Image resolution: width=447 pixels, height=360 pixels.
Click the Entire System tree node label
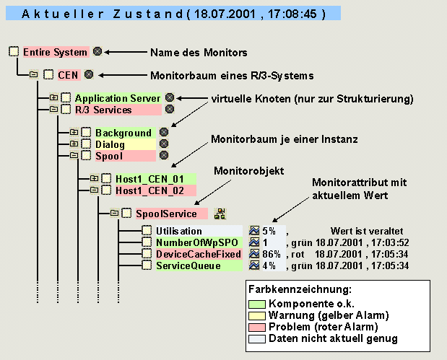55,52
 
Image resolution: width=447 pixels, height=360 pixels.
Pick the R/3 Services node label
103,110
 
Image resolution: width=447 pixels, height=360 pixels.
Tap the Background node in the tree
123,133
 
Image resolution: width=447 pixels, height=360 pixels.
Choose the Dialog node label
110,144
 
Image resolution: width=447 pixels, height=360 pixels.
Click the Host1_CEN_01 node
145,178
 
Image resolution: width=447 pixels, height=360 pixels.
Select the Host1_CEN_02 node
145,190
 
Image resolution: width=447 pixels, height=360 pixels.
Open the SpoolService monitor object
166,214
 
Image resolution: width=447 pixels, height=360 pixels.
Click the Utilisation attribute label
179,231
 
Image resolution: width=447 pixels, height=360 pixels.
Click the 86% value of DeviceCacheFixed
271,255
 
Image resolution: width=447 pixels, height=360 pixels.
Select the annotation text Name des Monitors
199,52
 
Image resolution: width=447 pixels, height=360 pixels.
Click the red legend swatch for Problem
256,327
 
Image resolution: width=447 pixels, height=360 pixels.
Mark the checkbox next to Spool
85,156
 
